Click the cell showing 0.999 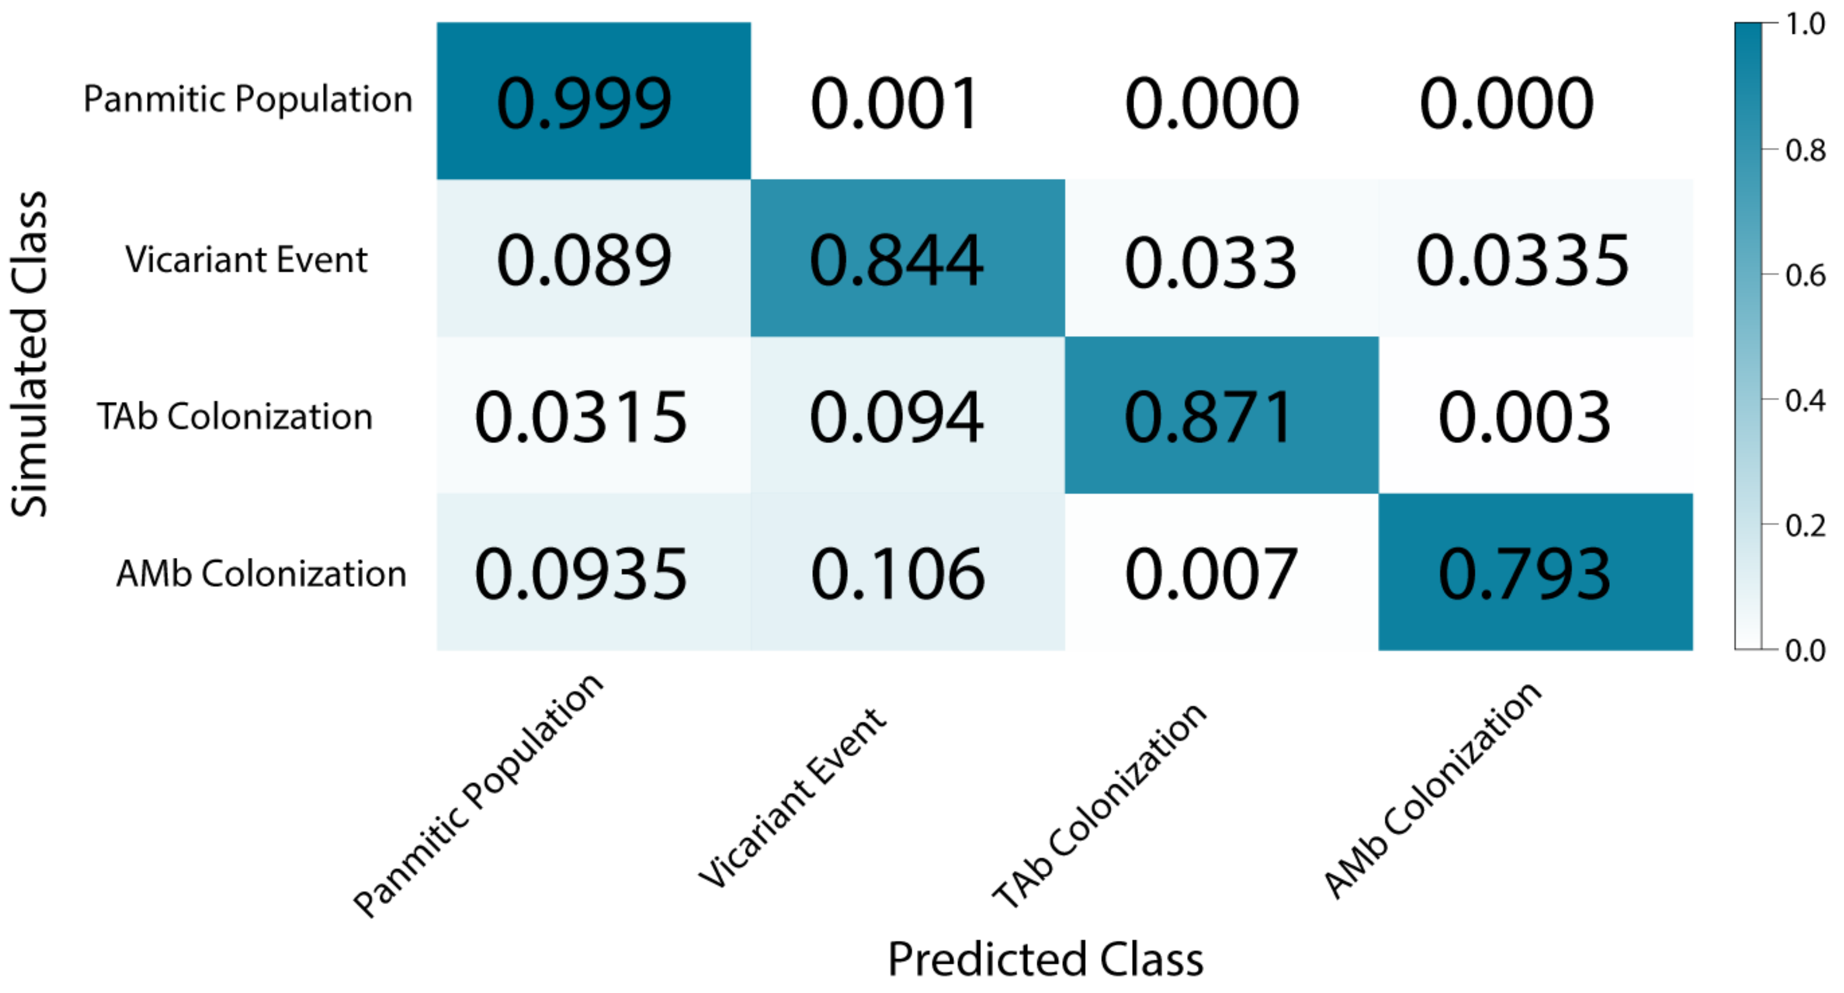coord(584,103)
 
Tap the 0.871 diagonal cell coord(1209,417)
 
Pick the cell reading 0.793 coord(1525,574)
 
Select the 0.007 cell coord(1211,574)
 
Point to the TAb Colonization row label coord(235,417)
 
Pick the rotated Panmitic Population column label coord(478,796)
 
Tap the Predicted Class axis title coord(1046,959)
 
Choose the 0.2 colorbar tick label coord(1805,526)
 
